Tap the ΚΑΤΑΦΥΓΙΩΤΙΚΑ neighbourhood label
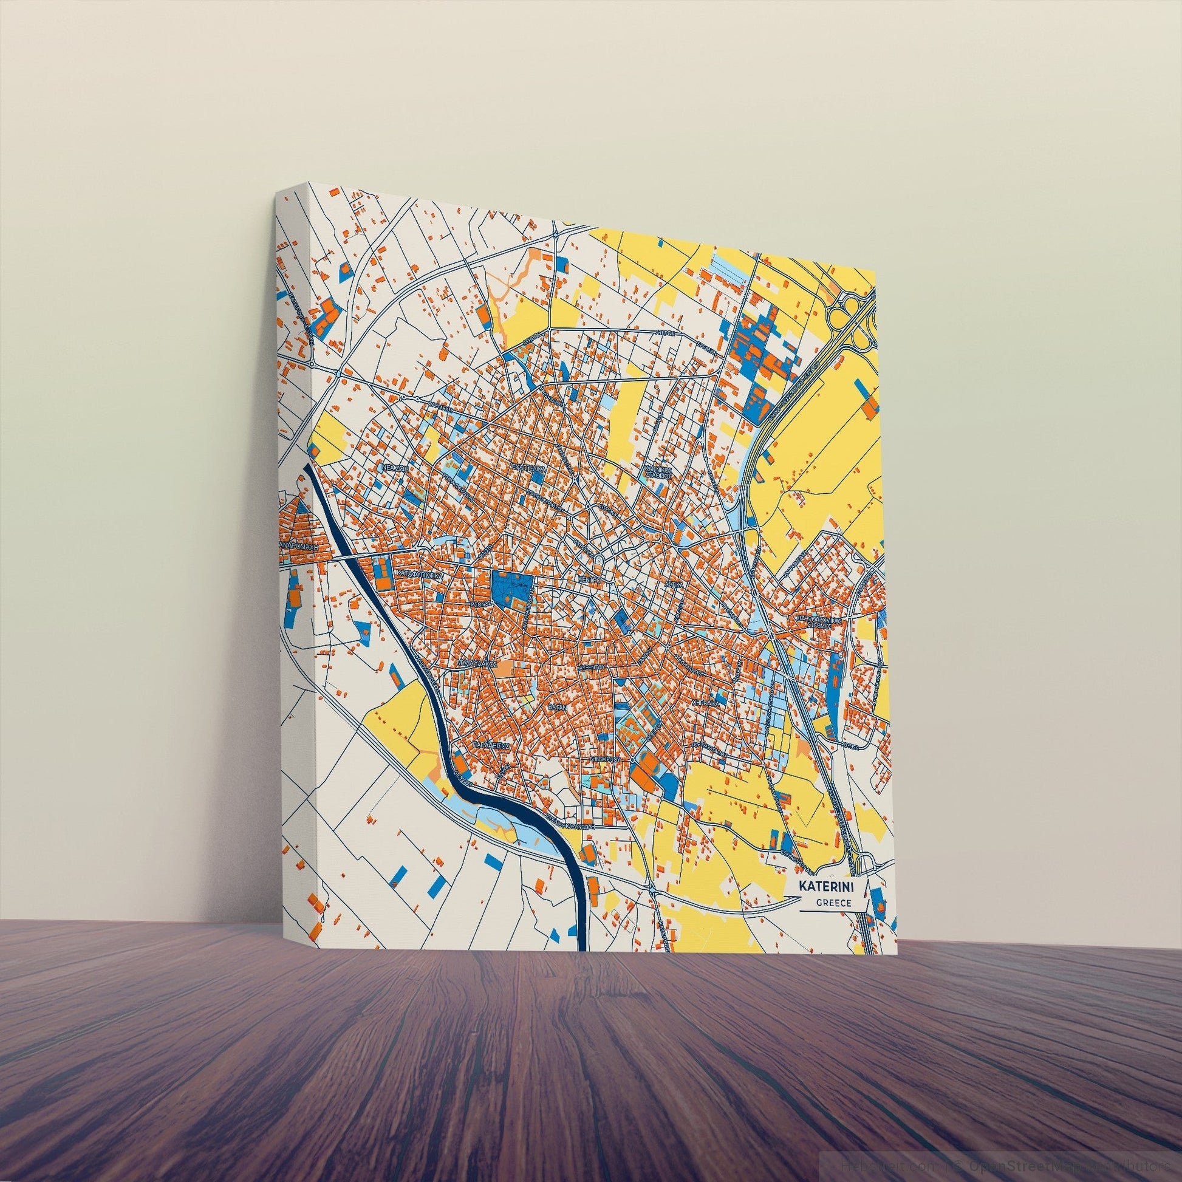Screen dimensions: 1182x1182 pyautogui.click(x=418, y=576)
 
